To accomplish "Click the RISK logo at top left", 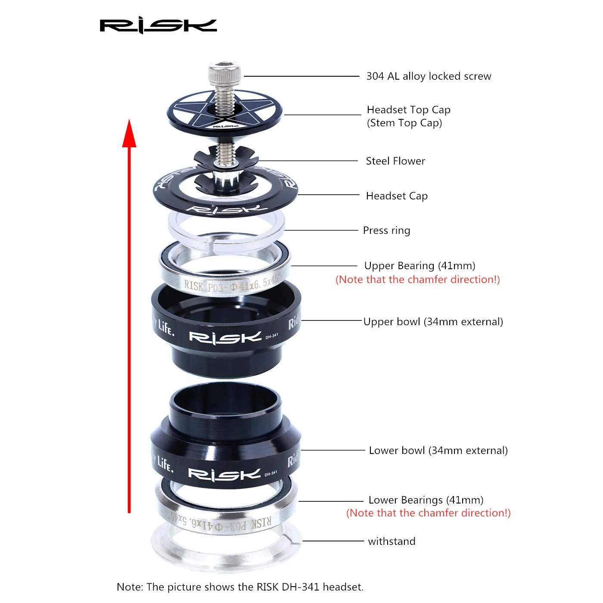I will coord(158,26).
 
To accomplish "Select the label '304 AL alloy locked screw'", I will coord(429,76).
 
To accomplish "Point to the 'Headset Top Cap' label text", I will coord(408,110).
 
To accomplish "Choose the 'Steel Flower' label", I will coord(395,161).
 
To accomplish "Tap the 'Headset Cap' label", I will coord(397,196).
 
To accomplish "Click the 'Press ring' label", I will coord(386,230).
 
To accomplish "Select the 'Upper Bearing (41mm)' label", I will coord(420,266).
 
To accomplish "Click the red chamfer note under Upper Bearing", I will coord(417,280).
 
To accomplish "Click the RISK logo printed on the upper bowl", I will coord(225,337).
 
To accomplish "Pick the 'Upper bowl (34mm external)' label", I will coord(433,322).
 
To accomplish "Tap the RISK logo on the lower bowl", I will coord(224,475).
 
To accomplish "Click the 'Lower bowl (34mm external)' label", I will coord(438,451).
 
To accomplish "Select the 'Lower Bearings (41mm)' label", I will coord(426,500).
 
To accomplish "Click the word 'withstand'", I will coord(392,541).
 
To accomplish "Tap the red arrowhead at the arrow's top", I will coord(129,134).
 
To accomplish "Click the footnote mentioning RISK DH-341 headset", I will coord(240,587).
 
